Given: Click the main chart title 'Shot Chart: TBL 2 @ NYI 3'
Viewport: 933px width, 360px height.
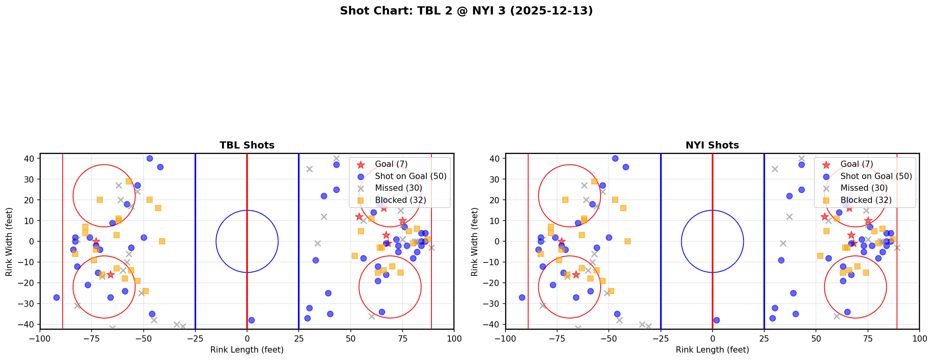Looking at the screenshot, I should (x=466, y=11).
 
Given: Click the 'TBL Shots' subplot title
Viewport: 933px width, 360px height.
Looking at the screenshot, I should (x=247, y=145).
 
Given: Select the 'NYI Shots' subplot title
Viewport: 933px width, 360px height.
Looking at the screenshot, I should (x=712, y=145).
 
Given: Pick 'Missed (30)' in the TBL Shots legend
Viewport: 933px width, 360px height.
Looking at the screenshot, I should (x=398, y=188).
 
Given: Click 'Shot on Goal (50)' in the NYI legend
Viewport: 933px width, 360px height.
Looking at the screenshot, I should (x=876, y=176).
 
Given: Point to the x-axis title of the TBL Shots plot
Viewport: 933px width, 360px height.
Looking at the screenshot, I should (x=247, y=350).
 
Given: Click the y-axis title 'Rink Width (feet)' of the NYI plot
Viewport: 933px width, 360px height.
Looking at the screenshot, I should (x=475, y=241).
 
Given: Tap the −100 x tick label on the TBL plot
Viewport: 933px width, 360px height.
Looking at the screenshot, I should (x=40, y=338).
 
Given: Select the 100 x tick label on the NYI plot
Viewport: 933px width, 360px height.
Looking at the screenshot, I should (x=919, y=338).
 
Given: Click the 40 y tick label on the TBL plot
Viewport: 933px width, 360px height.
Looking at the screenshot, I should (x=30, y=159).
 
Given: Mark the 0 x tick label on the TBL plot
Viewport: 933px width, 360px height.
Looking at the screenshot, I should (x=247, y=338).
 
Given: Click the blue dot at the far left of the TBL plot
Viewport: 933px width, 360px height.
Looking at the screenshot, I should (x=56, y=297).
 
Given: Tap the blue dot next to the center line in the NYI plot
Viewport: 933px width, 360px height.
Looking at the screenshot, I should (x=716, y=320).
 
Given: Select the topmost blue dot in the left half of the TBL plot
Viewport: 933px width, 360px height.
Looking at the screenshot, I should (x=150, y=158).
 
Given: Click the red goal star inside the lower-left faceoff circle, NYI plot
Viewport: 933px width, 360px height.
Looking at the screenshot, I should (x=576, y=275).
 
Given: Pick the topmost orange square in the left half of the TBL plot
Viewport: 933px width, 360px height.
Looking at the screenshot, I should (x=129, y=181).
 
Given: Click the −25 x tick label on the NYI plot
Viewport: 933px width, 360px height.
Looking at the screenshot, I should (x=660, y=338).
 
